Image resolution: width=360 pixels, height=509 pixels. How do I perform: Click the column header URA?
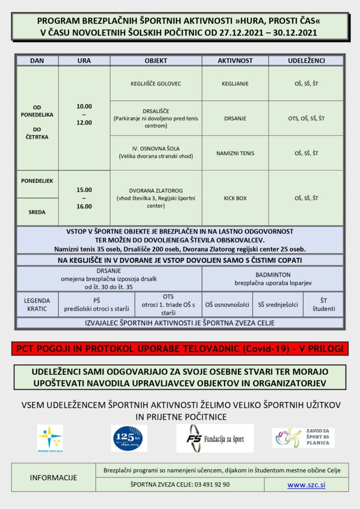[84, 60]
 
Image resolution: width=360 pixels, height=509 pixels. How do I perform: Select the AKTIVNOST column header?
[235, 60]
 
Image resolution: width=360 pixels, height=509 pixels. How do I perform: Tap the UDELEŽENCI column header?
[306, 60]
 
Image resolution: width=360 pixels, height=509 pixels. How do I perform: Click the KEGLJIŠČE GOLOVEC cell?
[156, 84]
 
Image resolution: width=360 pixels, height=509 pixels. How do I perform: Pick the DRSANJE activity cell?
[235, 118]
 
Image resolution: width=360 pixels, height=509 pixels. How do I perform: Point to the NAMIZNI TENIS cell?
[235, 153]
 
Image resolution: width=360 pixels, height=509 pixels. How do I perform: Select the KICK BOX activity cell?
[235, 198]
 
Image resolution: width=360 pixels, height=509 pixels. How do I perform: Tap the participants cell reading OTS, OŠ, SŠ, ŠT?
[306, 118]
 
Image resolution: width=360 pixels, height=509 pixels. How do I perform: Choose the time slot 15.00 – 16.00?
[84, 198]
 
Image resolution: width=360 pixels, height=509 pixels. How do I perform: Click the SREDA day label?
[37, 212]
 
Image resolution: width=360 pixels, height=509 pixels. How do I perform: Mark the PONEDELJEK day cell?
[37, 181]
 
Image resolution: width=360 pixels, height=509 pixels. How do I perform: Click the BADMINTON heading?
[272, 274]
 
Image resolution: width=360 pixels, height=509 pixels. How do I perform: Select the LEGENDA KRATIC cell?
[37, 304]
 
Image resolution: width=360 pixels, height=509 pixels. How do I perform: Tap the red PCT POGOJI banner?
[180, 348]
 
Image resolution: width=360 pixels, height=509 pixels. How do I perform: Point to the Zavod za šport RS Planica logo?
[303, 438]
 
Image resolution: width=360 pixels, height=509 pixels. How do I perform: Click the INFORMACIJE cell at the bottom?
[54, 478]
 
